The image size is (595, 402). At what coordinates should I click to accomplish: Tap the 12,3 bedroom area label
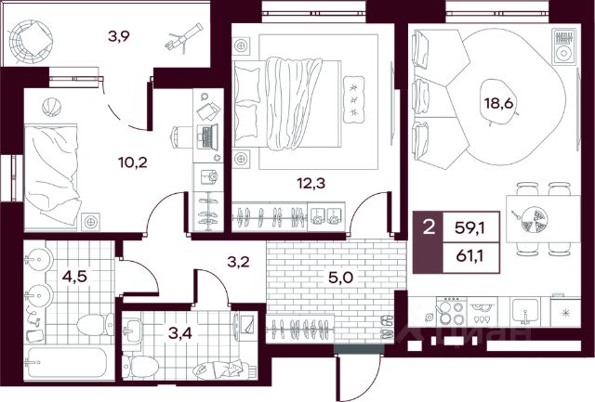coord(311,184)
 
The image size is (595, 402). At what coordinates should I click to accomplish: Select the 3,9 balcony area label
coord(119,37)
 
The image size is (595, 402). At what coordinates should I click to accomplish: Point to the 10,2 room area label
coord(132,162)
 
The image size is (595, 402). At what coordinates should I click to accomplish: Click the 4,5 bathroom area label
coord(74,277)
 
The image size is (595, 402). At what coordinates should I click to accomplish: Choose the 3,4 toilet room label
coord(179,333)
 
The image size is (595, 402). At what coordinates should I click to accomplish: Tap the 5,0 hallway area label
coord(340,278)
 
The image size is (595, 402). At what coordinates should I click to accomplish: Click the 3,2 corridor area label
coord(238,262)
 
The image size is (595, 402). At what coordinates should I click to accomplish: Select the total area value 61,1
coord(469,256)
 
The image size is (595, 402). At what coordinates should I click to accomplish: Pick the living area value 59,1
coord(469,228)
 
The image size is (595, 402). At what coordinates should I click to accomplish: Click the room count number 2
coord(429,228)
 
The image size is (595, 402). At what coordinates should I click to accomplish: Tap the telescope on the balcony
coord(184,37)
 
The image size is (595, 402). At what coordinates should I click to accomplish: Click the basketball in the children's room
coord(52,107)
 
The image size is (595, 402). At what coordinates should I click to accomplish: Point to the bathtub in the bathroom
coord(67,363)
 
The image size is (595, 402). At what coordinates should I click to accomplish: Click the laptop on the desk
coord(207,136)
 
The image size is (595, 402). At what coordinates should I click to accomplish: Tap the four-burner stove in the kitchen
coord(452,311)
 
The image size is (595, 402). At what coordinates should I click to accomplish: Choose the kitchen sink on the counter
coord(524,311)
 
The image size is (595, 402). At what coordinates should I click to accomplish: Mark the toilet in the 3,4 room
coord(139,367)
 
